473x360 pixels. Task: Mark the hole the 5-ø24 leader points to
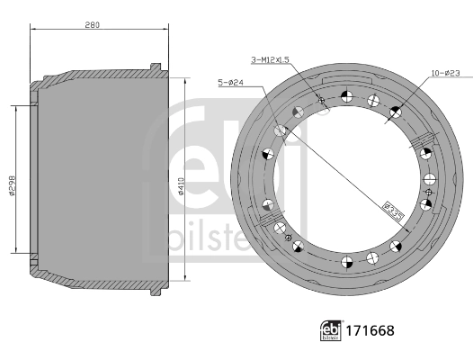(x=281, y=131)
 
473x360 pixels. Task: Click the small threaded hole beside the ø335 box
(x=429, y=192)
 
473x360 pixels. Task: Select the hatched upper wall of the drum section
(x=99, y=73)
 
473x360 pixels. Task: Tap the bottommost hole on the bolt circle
(x=346, y=263)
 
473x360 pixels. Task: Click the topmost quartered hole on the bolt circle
(x=347, y=94)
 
